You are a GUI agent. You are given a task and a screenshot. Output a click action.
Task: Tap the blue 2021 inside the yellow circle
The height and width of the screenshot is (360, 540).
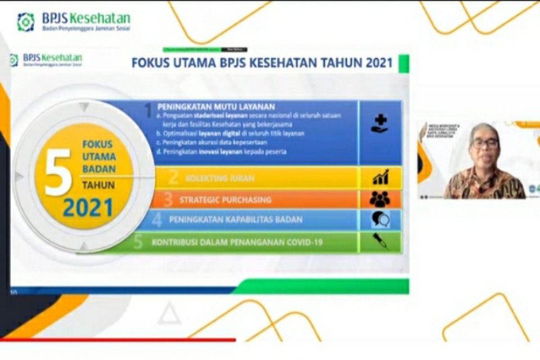pos(88,207)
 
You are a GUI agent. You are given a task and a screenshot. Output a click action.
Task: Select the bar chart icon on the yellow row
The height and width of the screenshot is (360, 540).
pos(380,177)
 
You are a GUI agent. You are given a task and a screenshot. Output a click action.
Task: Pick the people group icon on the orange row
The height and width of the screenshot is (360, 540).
pos(380,199)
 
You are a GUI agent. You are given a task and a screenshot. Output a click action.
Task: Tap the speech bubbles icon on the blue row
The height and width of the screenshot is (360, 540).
pos(380,220)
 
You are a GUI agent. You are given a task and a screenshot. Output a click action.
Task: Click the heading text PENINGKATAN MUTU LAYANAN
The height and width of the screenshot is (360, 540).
pos(216,107)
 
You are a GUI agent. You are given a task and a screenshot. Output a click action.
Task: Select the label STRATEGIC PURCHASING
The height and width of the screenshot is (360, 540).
pos(225,200)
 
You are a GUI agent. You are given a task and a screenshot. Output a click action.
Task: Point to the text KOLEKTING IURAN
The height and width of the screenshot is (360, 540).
pos(220,179)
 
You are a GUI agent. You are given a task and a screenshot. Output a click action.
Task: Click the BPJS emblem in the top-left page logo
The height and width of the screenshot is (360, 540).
pos(26,22)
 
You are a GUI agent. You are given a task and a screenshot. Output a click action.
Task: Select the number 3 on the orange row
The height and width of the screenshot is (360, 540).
pos(168,199)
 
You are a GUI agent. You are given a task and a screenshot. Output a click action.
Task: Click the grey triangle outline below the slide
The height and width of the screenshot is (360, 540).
pos(169,314)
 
